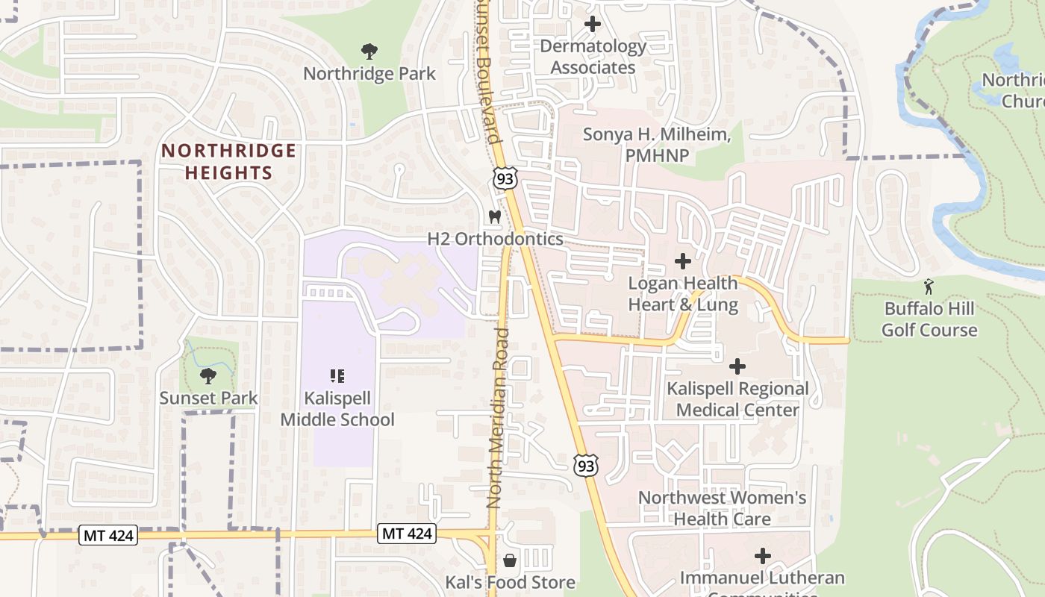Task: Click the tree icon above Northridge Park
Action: click(x=369, y=51)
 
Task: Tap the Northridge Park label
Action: click(x=369, y=74)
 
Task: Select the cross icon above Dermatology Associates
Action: click(x=593, y=24)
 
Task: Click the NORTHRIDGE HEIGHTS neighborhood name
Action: click(x=228, y=162)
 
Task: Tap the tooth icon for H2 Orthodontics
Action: click(x=493, y=216)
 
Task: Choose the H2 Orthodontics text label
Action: click(x=495, y=239)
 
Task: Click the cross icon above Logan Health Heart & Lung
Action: click(x=682, y=261)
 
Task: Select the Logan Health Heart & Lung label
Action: click(x=682, y=294)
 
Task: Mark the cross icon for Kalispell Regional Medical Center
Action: click(x=737, y=366)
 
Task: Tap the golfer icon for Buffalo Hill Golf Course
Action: click(x=929, y=286)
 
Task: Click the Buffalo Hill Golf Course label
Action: click(x=929, y=319)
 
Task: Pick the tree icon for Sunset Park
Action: click(x=208, y=376)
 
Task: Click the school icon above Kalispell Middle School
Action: click(x=337, y=376)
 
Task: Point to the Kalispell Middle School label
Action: click(x=337, y=409)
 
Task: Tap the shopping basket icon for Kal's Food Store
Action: click(x=510, y=560)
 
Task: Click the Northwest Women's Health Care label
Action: click(x=722, y=507)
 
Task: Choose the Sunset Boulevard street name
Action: click(x=486, y=71)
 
